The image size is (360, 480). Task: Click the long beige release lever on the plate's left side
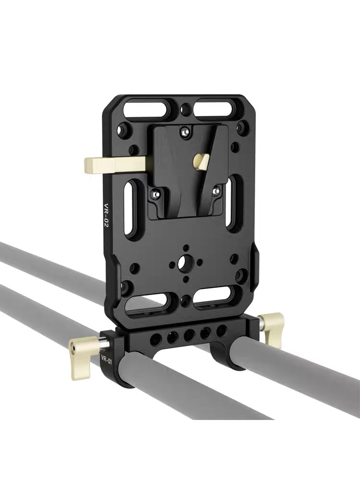point(115,165)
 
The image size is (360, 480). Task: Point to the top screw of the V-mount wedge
point(184,132)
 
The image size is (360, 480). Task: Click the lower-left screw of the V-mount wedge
point(156,194)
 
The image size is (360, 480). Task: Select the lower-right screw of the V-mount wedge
point(216,191)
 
